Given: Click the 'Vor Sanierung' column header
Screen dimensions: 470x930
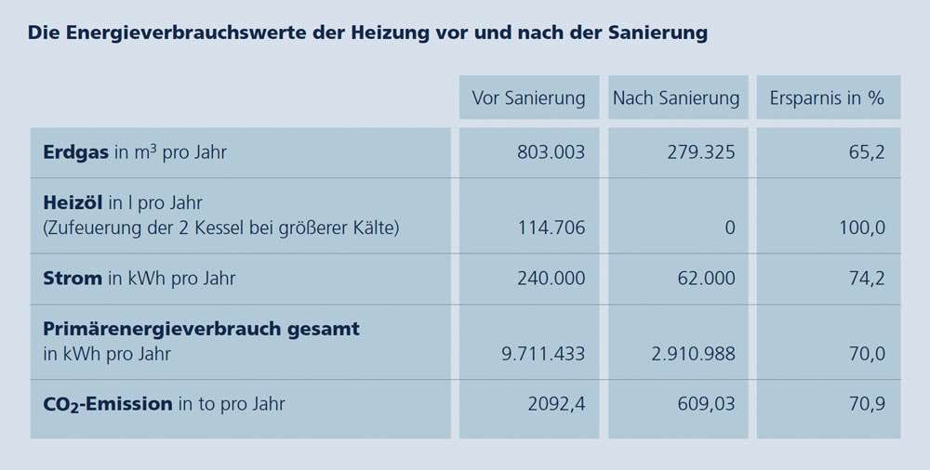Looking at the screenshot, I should [528, 98].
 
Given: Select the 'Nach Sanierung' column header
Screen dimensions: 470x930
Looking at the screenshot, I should [675, 98].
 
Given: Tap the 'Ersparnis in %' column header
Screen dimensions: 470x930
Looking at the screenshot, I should [827, 98].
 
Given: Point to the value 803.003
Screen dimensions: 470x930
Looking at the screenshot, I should [551, 152].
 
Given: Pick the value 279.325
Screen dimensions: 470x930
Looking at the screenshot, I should [700, 152].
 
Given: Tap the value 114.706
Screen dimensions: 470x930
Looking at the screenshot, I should [551, 228].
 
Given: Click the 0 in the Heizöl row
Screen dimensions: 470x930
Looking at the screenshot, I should [729, 228].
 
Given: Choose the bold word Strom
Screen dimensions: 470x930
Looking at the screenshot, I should [73, 278].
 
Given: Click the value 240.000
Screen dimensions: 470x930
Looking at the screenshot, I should [551, 278].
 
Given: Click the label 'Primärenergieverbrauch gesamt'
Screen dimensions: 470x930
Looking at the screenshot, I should [201, 329].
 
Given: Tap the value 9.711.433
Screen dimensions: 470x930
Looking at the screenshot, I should [543, 354].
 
